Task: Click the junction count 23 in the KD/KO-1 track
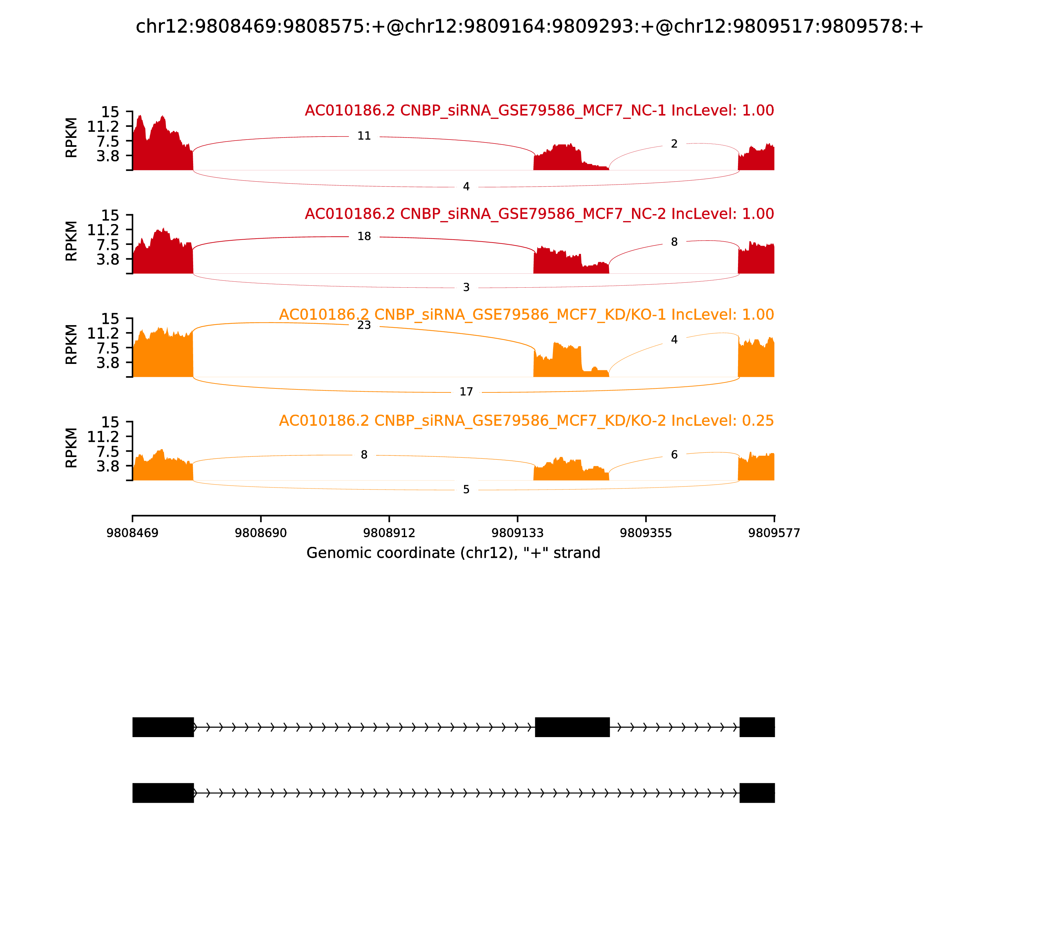364,325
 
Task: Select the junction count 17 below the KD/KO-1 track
466,391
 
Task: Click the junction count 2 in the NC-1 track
674,144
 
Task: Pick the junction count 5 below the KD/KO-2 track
466,490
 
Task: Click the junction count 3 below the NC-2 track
466,287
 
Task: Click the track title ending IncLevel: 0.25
526,421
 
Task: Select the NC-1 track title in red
539,110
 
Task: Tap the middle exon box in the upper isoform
572,727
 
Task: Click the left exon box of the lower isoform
163,793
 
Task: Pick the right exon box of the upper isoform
757,727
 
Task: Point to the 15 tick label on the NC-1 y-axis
110,112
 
